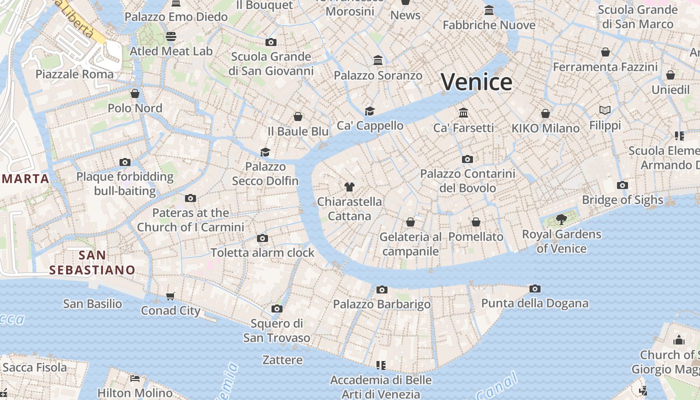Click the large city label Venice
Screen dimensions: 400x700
tap(476, 82)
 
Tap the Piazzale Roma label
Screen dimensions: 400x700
tap(74, 74)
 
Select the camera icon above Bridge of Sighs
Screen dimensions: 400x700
tap(622, 185)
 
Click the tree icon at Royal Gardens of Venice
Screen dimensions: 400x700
tap(561, 219)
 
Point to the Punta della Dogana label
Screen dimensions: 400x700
tap(534, 303)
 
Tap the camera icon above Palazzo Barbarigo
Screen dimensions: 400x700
tap(382, 289)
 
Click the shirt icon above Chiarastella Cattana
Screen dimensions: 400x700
tap(349, 187)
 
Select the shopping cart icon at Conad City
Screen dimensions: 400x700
tap(170, 296)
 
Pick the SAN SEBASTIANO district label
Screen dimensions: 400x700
tap(92, 262)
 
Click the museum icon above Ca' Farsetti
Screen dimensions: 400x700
tap(463, 112)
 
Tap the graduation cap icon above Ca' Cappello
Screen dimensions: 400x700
tap(369, 111)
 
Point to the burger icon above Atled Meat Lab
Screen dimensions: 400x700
tap(171, 36)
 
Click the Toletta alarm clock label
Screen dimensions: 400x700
tap(262, 252)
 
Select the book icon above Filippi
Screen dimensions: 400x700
tap(605, 110)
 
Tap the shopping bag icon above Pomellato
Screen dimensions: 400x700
tap(476, 221)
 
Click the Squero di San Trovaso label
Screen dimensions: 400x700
tap(276, 330)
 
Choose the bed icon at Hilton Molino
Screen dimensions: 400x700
tap(134, 378)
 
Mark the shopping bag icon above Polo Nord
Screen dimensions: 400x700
tap(135, 93)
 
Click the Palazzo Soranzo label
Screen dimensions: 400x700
tap(378, 75)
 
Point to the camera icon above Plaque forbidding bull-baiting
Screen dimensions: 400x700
tap(125, 162)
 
